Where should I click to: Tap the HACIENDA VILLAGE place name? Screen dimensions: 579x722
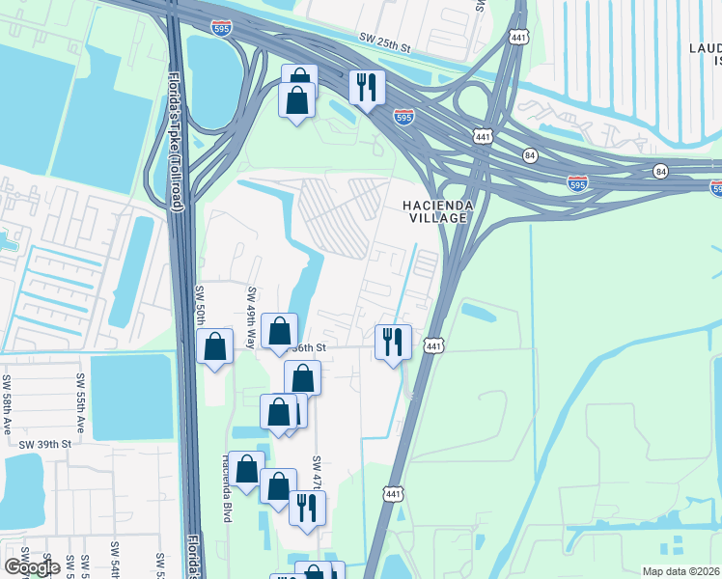[435, 211]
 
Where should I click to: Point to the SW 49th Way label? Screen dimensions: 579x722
[251, 317]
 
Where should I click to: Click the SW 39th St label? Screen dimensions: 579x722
[45, 444]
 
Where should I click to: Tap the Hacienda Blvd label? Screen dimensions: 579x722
[229, 487]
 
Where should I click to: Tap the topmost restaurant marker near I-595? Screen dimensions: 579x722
[367, 89]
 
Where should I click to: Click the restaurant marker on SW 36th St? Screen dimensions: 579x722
[393, 342]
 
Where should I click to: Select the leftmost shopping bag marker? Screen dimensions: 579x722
[214, 346]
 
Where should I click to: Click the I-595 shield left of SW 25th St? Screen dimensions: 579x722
[221, 29]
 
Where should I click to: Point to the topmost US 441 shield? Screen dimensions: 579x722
[518, 37]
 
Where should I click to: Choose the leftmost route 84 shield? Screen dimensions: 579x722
[530, 154]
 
